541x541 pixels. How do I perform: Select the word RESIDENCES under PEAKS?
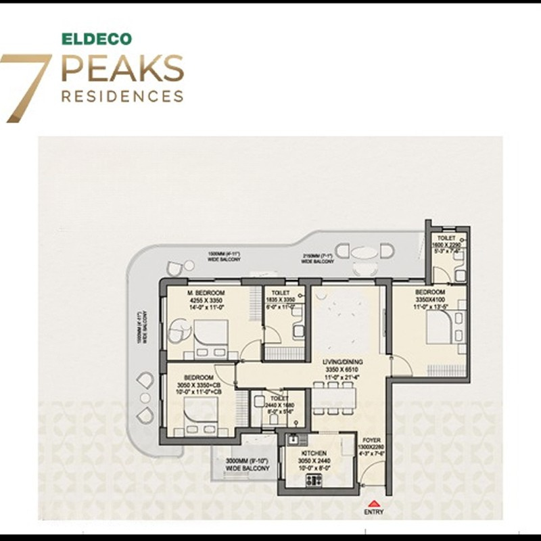[x=122, y=96]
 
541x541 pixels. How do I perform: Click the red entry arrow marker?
[x=373, y=502]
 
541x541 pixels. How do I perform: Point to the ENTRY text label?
[x=373, y=511]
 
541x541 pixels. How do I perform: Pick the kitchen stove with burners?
[x=314, y=481]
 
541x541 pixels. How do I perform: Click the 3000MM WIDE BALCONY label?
[x=247, y=464]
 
